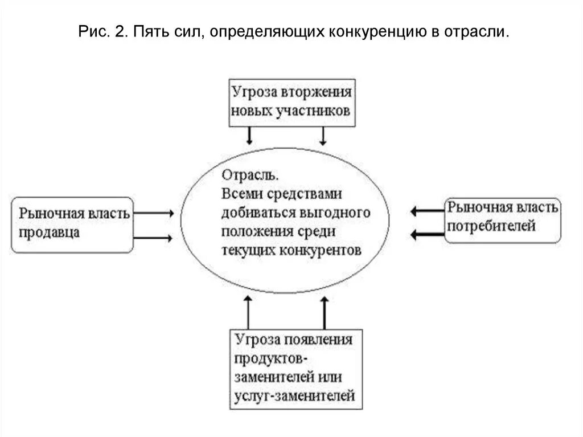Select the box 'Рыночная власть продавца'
pos(72,224)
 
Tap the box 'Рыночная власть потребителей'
pos(502,220)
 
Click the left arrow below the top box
pos(249,136)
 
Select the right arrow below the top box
pos(323,136)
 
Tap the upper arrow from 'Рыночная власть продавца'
pos(153,213)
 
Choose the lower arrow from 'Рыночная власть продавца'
pos(153,238)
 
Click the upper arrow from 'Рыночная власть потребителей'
pos(426,211)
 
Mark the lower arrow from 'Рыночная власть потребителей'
pos(426,234)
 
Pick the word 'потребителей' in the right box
pos(491,226)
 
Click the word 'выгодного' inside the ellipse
pos(338,213)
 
